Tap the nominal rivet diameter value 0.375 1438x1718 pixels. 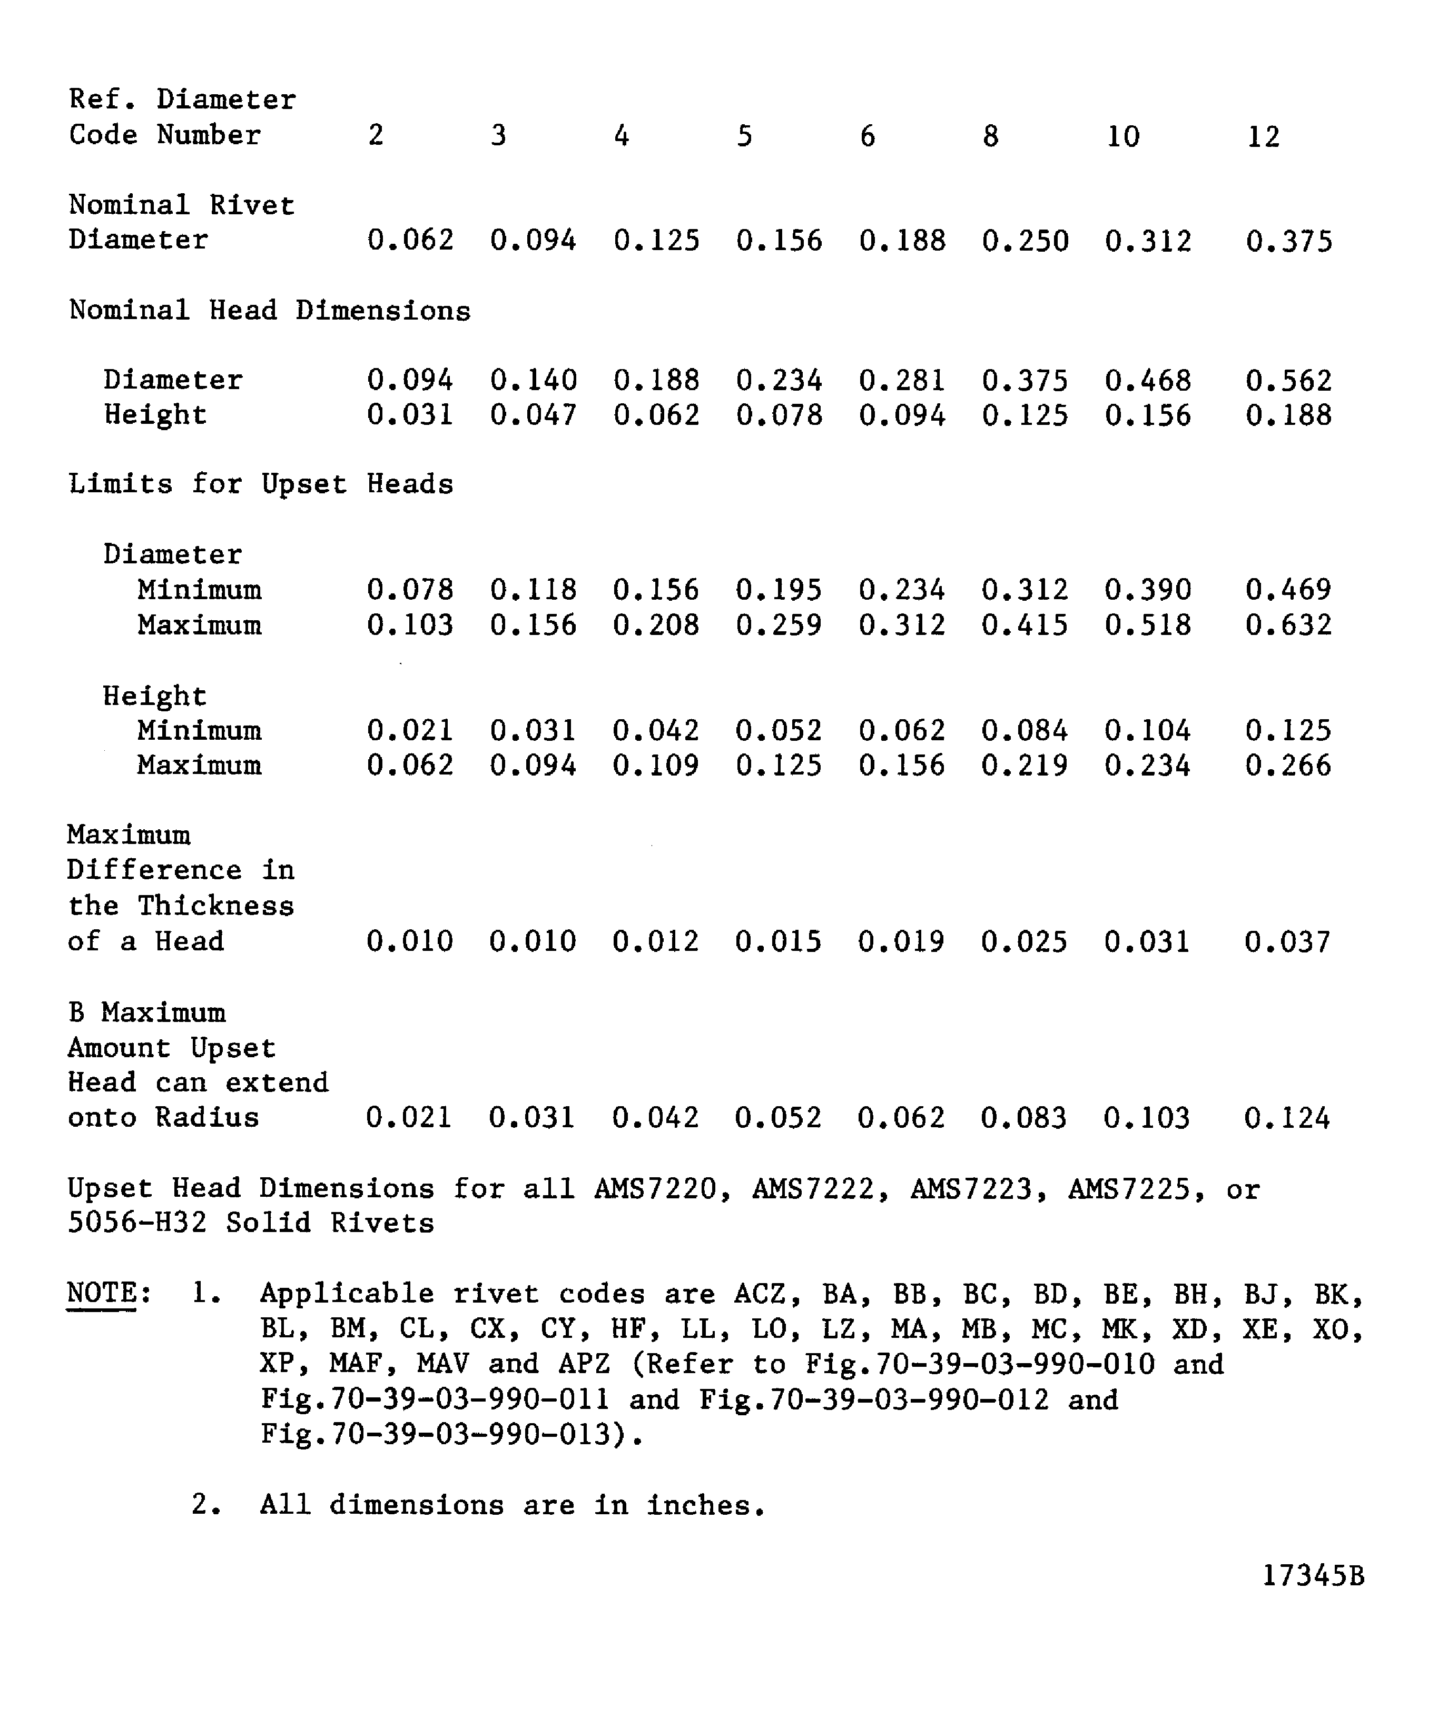(1289, 241)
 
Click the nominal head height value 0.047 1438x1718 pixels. (533, 415)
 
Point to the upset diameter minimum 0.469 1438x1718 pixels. (1289, 590)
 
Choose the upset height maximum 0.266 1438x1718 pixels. (1288, 766)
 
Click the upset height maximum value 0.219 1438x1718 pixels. (1025, 766)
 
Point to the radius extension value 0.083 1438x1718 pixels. (1024, 1118)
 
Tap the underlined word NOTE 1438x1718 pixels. (102, 1294)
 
